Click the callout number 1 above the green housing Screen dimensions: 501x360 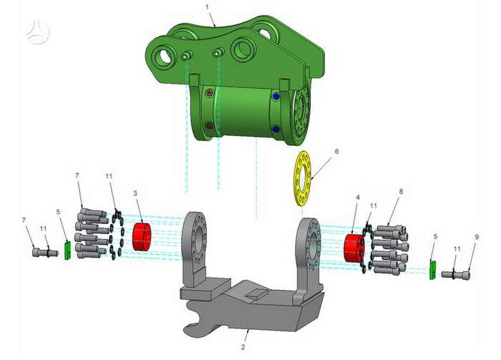click(207, 6)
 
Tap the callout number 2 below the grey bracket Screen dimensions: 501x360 click(243, 347)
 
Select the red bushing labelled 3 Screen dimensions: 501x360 click(142, 237)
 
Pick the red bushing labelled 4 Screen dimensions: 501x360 click(354, 248)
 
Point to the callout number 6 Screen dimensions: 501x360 click(336, 151)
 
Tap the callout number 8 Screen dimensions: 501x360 click(401, 191)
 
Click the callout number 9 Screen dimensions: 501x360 click(477, 237)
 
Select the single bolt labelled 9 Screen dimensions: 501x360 click(456, 274)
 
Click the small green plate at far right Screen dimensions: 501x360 click(432, 270)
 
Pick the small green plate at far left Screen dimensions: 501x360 click(67, 250)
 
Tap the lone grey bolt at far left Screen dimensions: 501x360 click(45, 253)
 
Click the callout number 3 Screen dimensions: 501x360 click(135, 193)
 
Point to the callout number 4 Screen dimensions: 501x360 click(358, 198)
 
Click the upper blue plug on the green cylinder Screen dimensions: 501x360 click(276, 96)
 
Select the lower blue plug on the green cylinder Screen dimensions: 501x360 click(276, 129)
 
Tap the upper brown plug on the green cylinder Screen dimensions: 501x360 click(210, 92)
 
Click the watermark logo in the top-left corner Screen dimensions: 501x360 click(38, 31)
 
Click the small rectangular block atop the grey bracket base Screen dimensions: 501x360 click(257, 293)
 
